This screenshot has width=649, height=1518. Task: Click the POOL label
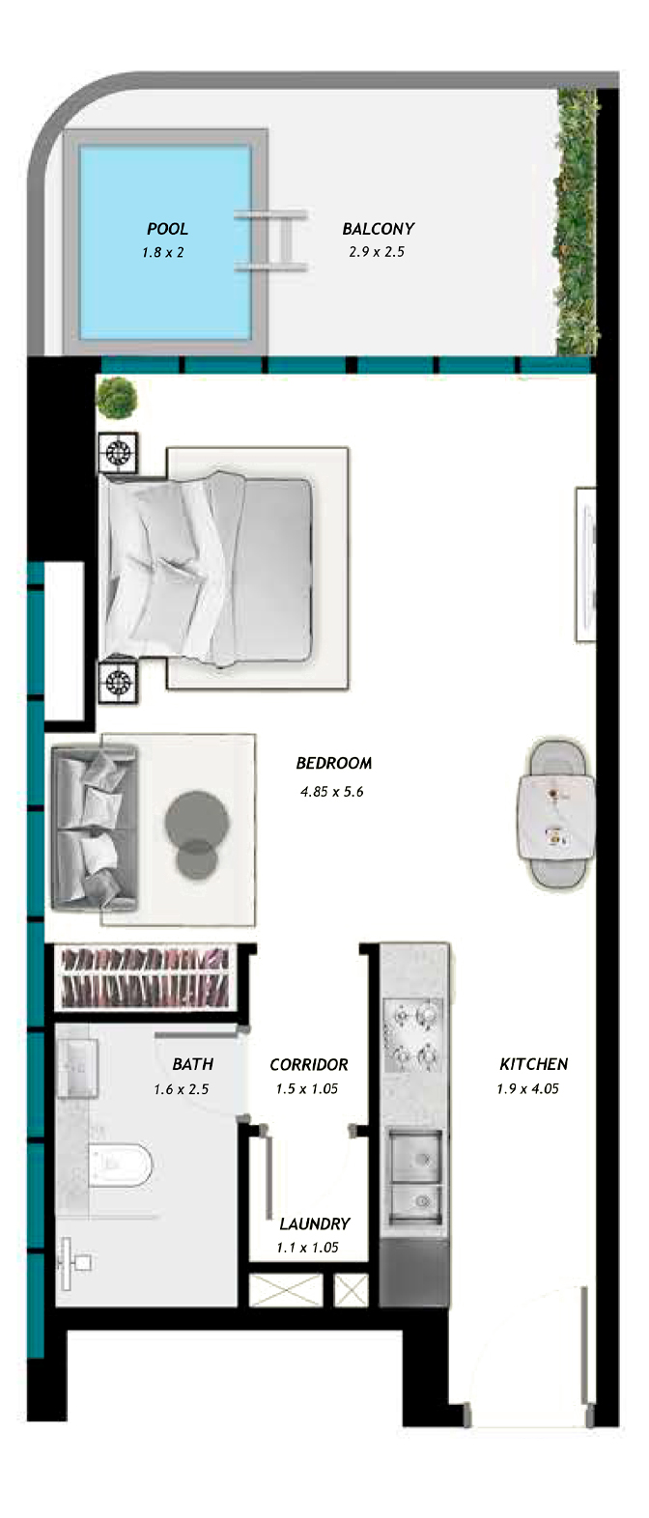(x=167, y=229)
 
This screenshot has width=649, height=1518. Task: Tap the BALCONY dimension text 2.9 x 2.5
(x=377, y=252)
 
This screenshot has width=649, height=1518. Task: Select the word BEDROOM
(x=334, y=763)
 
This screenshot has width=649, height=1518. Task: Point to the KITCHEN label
(x=534, y=1064)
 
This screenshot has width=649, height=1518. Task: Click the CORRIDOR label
(x=309, y=1065)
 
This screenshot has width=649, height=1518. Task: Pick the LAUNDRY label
(x=315, y=1223)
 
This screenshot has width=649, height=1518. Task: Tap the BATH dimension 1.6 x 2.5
(x=181, y=1089)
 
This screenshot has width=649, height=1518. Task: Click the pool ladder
(x=271, y=240)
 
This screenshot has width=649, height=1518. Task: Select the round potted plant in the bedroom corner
(x=117, y=398)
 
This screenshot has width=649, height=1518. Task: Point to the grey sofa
(x=95, y=828)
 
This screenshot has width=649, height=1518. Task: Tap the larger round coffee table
(x=196, y=822)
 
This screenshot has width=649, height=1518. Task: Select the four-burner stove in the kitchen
(x=412, y=1035)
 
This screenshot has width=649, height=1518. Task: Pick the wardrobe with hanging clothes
(x=146, y=977)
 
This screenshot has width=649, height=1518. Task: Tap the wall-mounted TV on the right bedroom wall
(x=586, y=564)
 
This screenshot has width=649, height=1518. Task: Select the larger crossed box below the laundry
(x=286, y=1290)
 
